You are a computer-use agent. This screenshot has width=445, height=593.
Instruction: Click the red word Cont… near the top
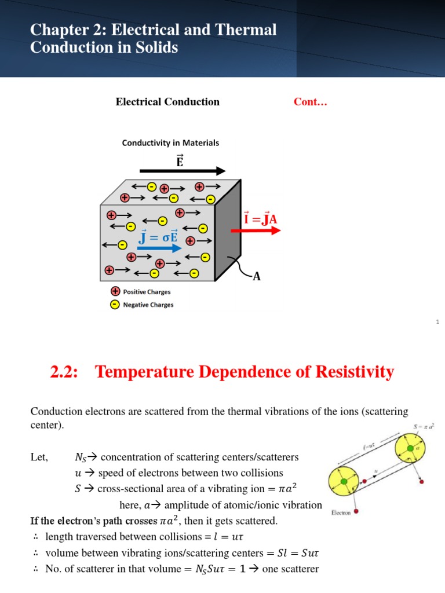tap(311, 102)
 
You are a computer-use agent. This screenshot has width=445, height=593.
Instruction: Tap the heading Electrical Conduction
tap(167, 102)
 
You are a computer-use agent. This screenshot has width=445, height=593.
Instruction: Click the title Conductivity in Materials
tap(170, 142)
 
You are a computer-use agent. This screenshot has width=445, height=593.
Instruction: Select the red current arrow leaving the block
tap(256, 230)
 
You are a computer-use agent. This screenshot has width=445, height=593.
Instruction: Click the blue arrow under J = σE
tap(160, 248)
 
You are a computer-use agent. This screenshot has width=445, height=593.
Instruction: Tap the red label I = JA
tap(261, 219)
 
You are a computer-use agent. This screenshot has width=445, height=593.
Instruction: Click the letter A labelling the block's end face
tap(256, 277)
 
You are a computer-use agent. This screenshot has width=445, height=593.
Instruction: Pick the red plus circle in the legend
tap(115, 292)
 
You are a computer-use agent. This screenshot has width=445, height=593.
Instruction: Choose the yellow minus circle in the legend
tap(115, 305)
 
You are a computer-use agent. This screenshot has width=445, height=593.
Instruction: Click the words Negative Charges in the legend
tap(148, 305)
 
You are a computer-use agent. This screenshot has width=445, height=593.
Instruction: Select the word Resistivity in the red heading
tap(351, 371)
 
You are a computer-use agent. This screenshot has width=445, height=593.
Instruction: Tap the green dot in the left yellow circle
tap(344, 481)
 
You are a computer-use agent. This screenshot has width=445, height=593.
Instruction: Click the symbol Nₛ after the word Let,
tap(81, 457)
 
